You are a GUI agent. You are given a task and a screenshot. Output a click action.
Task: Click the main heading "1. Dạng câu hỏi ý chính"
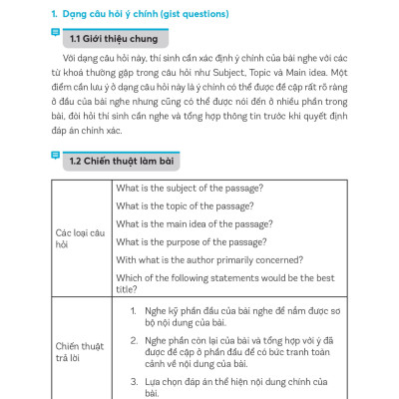coord(116,16)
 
